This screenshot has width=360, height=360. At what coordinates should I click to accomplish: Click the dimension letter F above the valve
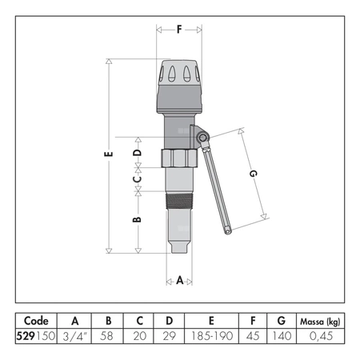point(179,30)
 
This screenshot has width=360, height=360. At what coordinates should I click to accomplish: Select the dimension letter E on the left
point(108,154)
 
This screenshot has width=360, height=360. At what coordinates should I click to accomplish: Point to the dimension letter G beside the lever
point(253,174)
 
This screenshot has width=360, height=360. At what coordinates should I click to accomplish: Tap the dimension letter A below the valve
point(180,281)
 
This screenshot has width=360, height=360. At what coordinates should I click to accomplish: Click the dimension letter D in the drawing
point(138,153)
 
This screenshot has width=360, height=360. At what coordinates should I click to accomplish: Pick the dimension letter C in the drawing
point(138,178)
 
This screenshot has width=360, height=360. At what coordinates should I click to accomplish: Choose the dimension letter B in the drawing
point(137,219)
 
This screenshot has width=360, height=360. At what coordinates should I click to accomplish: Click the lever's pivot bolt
point(202,138)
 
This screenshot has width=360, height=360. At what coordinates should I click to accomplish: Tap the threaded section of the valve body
point(179,201)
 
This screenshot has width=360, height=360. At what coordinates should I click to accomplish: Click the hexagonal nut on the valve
point(179,158)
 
